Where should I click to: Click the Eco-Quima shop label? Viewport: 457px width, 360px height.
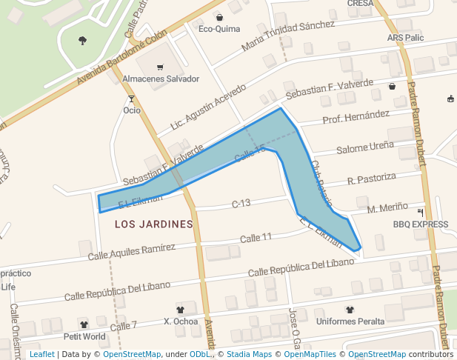[219, 30]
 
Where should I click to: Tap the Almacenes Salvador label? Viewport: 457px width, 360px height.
[161, 79]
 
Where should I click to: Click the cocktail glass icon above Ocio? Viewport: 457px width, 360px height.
[132, 99]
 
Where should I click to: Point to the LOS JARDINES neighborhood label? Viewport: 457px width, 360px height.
[154, 223]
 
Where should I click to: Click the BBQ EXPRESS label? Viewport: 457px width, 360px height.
[420, 224]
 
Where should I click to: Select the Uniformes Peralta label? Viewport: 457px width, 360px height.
[350, 321]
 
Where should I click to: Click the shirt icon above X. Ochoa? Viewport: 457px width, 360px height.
[180, 309]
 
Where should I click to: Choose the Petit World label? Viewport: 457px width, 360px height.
[84, 336]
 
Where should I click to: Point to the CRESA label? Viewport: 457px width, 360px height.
[360, 3]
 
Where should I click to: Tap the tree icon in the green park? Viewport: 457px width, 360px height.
[82, 40]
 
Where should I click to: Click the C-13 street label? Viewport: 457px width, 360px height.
[241, 203]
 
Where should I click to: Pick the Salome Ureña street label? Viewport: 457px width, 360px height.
[364, 147]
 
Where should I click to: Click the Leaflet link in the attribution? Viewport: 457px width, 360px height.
[41, 354]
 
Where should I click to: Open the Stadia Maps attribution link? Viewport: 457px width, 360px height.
[249, 354]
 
